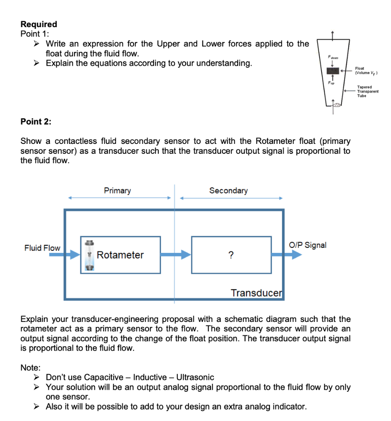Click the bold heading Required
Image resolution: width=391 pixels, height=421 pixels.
pos(39,24)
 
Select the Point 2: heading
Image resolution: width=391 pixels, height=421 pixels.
pos(36,121)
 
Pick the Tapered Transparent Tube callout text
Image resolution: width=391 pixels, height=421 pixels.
pos(368,91)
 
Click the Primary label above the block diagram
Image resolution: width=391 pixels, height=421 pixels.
pos(117,190)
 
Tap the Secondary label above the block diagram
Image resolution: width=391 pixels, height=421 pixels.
pos(228,190)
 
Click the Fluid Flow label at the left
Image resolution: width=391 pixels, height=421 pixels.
pos(42,248)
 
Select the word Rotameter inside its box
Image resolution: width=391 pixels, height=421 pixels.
pos(120,255)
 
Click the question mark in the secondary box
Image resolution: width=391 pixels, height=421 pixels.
pos(231,255)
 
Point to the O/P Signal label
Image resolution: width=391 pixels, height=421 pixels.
pos(308,245)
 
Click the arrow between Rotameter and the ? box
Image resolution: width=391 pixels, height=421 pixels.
pos(176,255)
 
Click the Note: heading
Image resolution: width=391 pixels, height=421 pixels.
pos(30,367)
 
